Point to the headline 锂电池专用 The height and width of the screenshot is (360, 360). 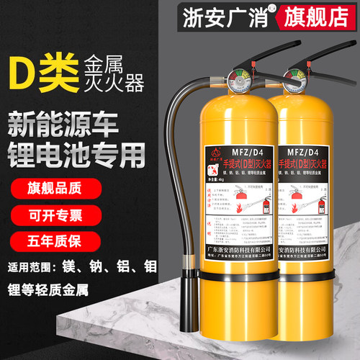coord(78,147)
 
